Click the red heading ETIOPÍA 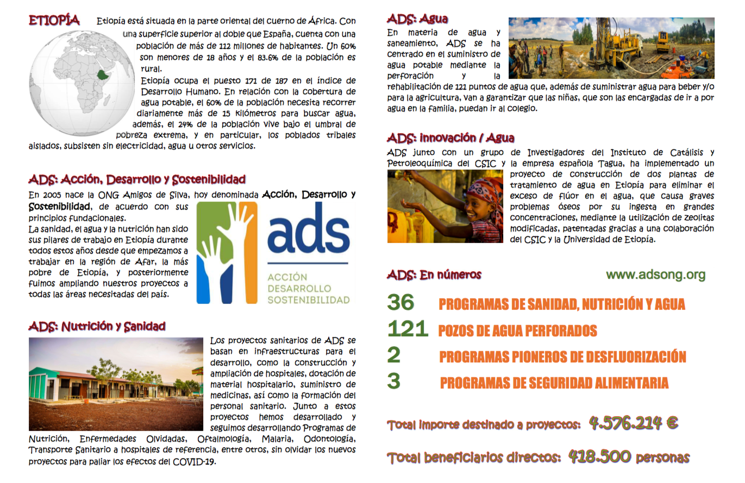pos(54,21)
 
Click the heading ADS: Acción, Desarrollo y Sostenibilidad pos(137,179)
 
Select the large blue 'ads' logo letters pos(308,231)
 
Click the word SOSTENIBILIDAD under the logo pos(308,299)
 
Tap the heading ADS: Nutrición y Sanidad pos(97,327)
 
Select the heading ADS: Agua pos(418,19)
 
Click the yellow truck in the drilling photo pos(662,41)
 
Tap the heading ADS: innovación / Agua pos(450,138)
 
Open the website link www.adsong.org pos(655,275)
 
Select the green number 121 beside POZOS pos(406,329)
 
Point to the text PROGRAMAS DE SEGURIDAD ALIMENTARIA pos(554,383)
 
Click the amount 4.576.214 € pos(633,423)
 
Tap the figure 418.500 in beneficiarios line pos(599,457)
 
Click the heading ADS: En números pos(434,275)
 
